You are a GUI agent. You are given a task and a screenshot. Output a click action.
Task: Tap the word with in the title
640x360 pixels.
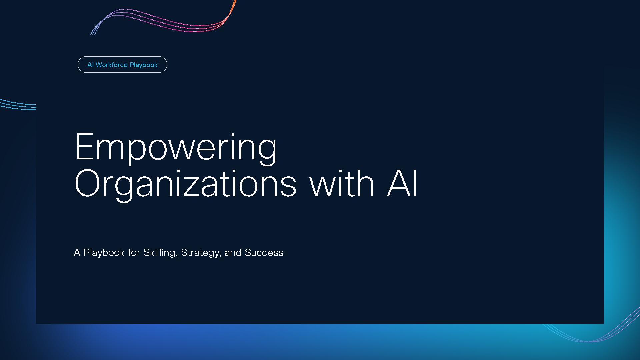tap(342, 183)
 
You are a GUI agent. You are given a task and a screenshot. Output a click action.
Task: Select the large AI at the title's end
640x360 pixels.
tap(402, 183)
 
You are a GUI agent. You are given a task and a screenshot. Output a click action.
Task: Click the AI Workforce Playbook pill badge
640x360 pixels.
tap(122, 64)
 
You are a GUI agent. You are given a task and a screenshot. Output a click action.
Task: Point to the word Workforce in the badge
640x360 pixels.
tap(112, 65)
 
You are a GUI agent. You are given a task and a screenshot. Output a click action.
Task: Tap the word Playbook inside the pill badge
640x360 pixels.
tap(144, 65)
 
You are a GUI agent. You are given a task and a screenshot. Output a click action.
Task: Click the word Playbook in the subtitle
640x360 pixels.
tap(104, 253)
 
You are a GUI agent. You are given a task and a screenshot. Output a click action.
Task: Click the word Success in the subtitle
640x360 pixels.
tap(264, 253)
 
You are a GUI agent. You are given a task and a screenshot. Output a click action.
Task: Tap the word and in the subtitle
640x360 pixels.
tap(233, 253)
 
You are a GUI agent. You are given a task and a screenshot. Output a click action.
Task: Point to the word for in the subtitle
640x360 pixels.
tap(134, 253)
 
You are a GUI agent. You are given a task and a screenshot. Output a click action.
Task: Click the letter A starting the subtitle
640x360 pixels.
tap(77, 253)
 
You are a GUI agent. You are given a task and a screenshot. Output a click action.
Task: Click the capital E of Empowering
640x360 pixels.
tap(84, 147)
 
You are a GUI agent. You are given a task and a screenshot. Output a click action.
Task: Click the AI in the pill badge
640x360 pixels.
tap(91, 65)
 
